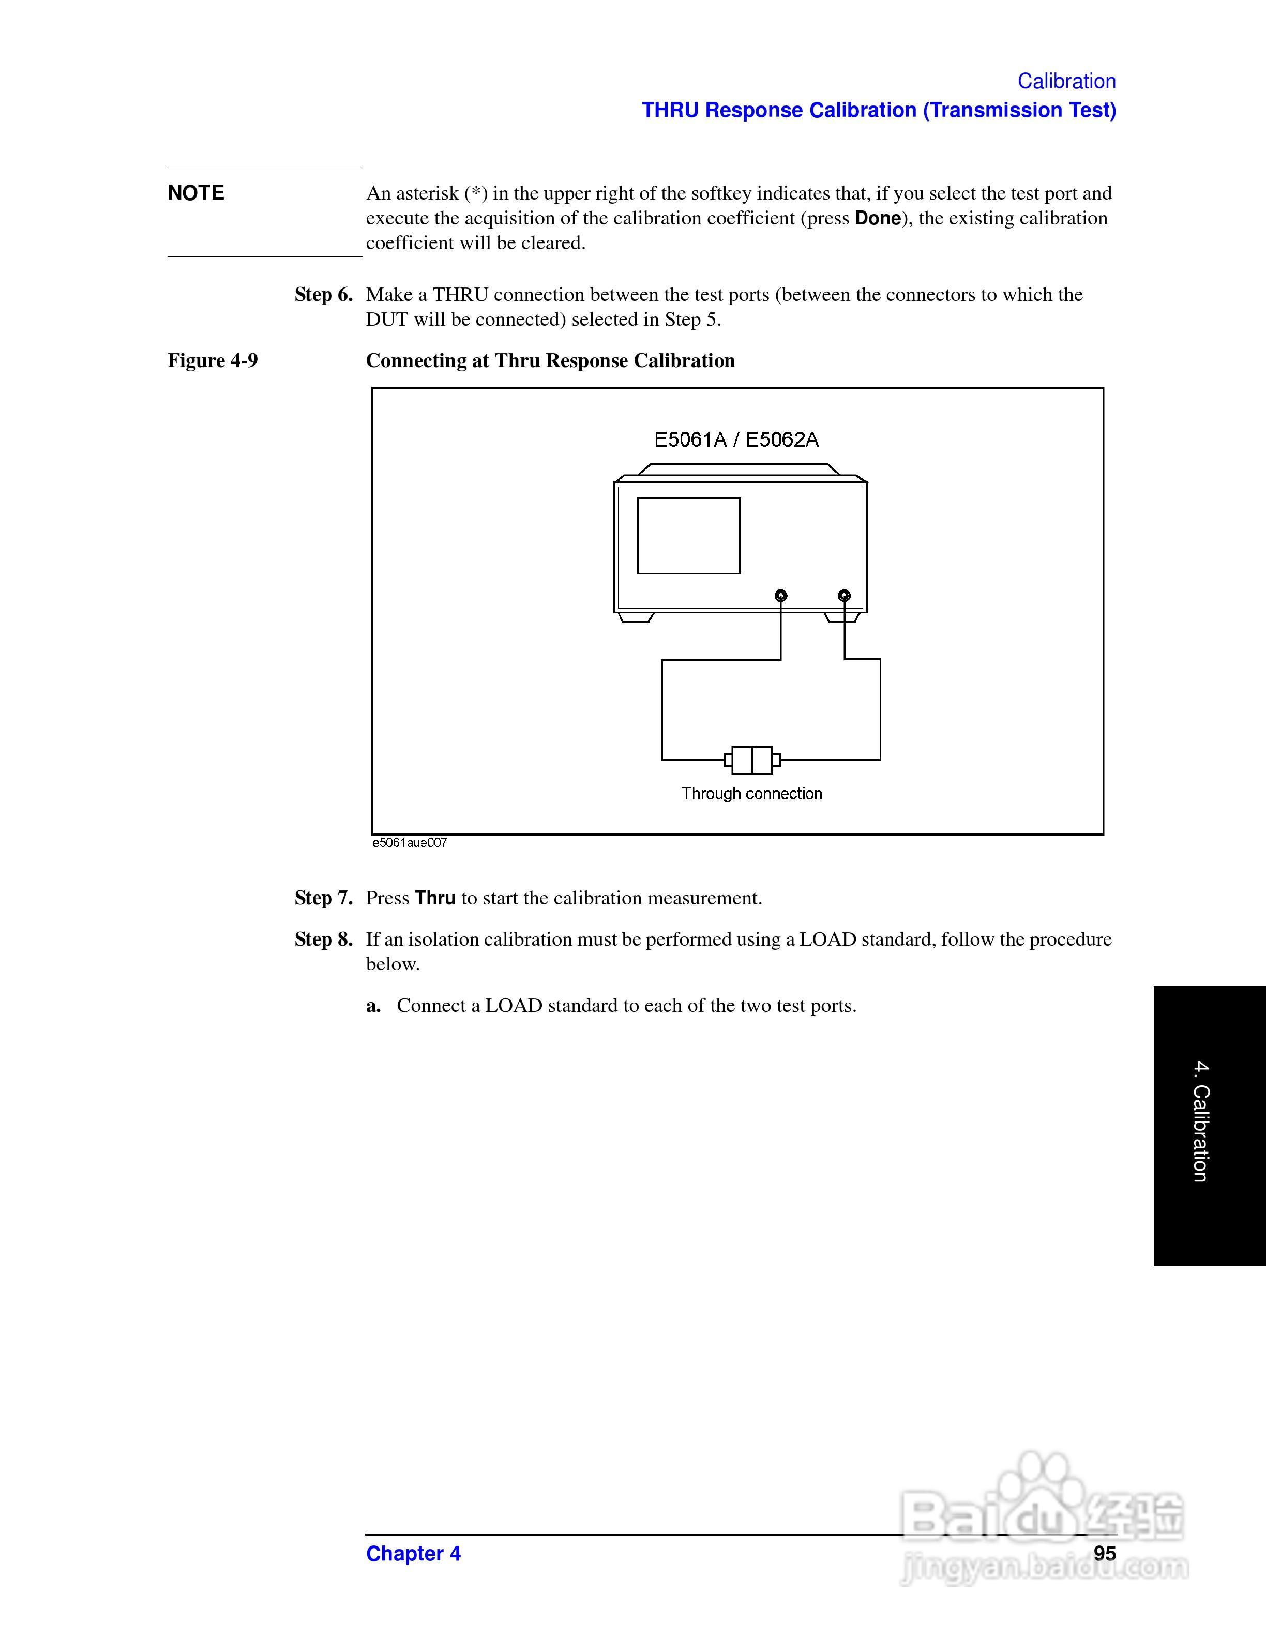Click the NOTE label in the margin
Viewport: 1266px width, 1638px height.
196,193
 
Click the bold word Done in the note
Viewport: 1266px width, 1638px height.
878,218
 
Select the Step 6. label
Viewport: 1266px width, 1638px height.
323,295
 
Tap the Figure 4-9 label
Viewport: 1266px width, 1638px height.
212,361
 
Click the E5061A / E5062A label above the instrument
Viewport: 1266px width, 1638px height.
736,439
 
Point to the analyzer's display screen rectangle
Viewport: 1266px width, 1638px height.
688,536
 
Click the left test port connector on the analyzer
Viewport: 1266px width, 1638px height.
781,596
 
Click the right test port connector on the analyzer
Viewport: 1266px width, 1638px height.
844,596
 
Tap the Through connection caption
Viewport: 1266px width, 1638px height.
751,794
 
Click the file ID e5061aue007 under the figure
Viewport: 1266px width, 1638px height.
410,843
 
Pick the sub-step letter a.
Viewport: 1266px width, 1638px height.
373,1006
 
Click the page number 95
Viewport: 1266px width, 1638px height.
1104,1553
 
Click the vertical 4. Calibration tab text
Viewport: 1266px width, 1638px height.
1201,1122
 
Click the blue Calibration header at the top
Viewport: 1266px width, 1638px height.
1066,81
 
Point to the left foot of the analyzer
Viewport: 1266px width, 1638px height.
635,617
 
